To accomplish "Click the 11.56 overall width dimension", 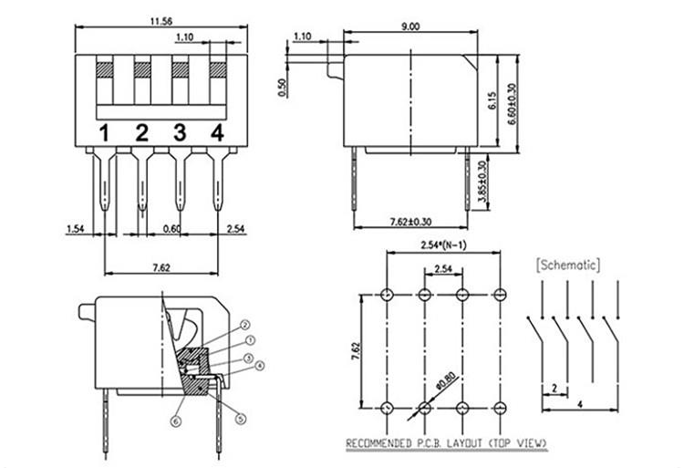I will click(160, 21).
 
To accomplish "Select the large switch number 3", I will click(180, 134).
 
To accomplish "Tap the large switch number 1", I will click(106, 134).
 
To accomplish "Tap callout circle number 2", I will click(245, 325).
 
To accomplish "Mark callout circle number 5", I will click(242, 420).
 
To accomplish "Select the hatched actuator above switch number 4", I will click(218, 69).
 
